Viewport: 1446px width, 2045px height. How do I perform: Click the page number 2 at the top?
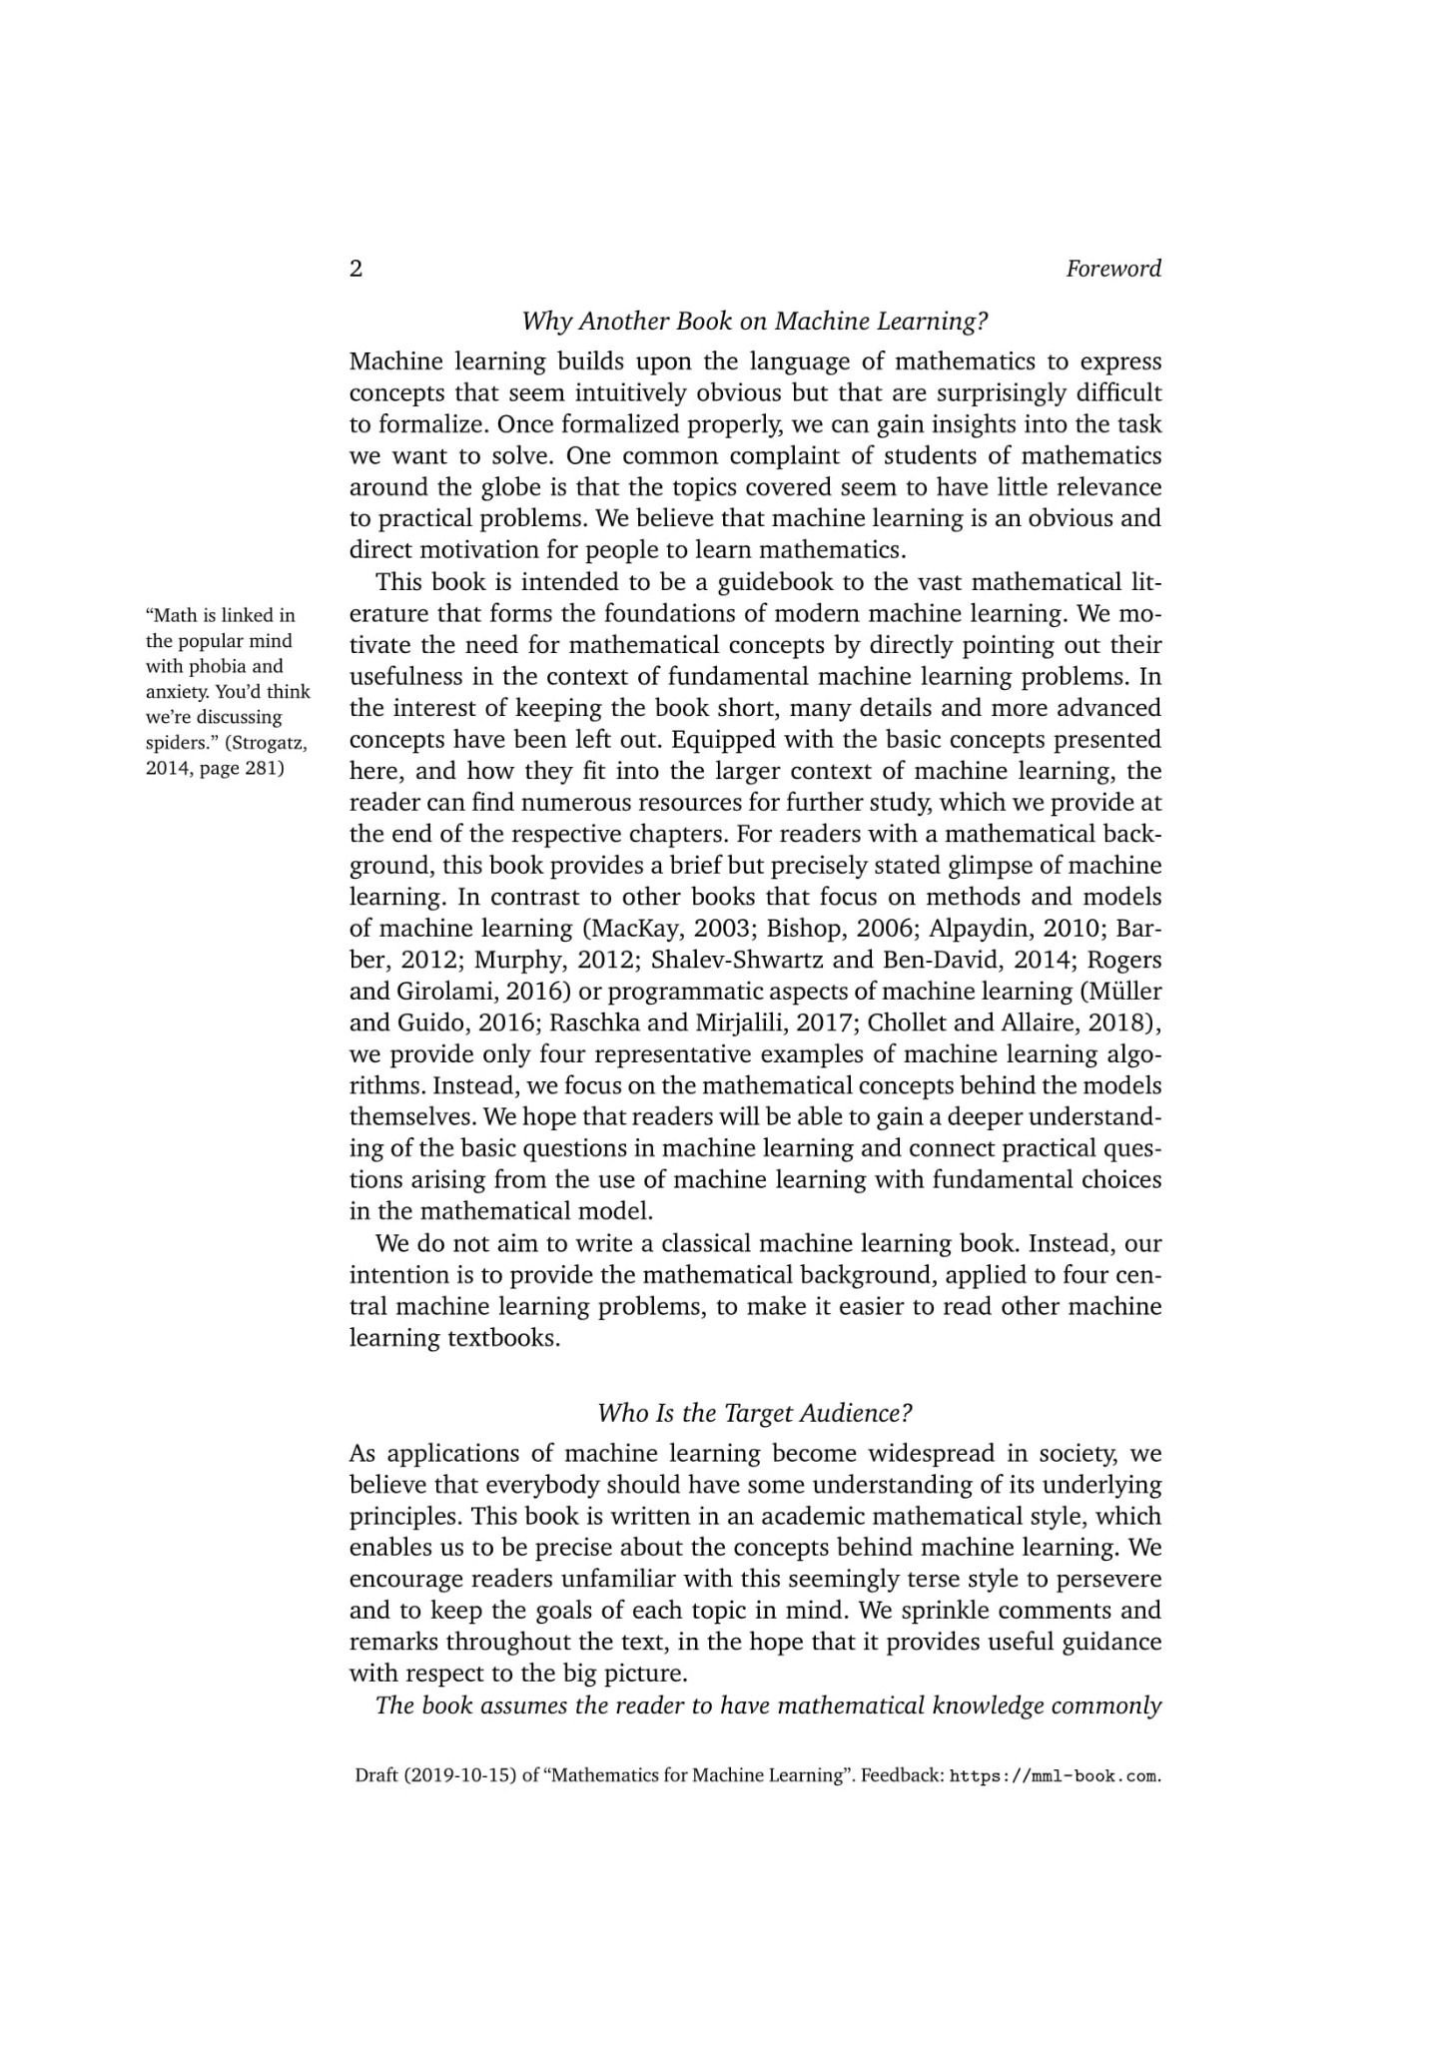[x=357, y=269]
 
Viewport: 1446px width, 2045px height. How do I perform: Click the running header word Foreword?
[x=1112, y=269]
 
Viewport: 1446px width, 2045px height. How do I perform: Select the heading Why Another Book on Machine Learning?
[x=755, y=322]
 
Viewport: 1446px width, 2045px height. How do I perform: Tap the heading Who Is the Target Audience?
[x=755, y=1413]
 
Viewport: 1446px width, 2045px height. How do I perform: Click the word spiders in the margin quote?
[x=175, y=743]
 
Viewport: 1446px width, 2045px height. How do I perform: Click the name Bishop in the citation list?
[x=804, y=928]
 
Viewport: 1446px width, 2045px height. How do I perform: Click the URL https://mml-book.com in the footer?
[x=1054, y=1776]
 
